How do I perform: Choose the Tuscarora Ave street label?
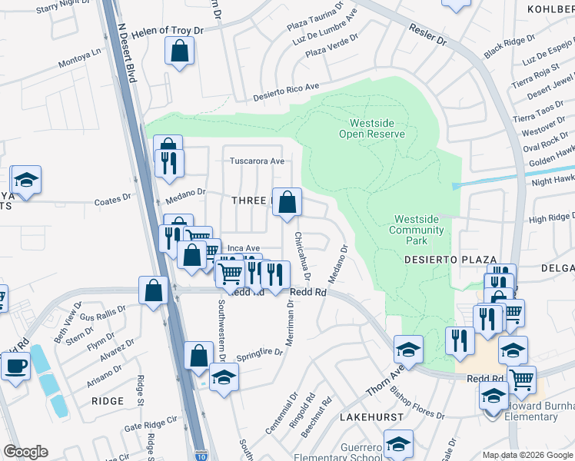(x=258, y=161)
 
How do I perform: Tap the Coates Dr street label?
(x=113, y=201)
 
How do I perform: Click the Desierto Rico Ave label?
(x=286, y=91)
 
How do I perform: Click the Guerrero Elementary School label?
(x=344, y=452)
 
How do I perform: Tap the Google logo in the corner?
(x=25, y=452)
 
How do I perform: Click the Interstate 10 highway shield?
(x=200, y=455)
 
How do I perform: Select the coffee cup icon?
(x=15, y=365)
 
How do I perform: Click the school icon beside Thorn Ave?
(x=408, y=349)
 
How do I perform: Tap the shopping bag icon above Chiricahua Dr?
(x=287, y=203)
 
